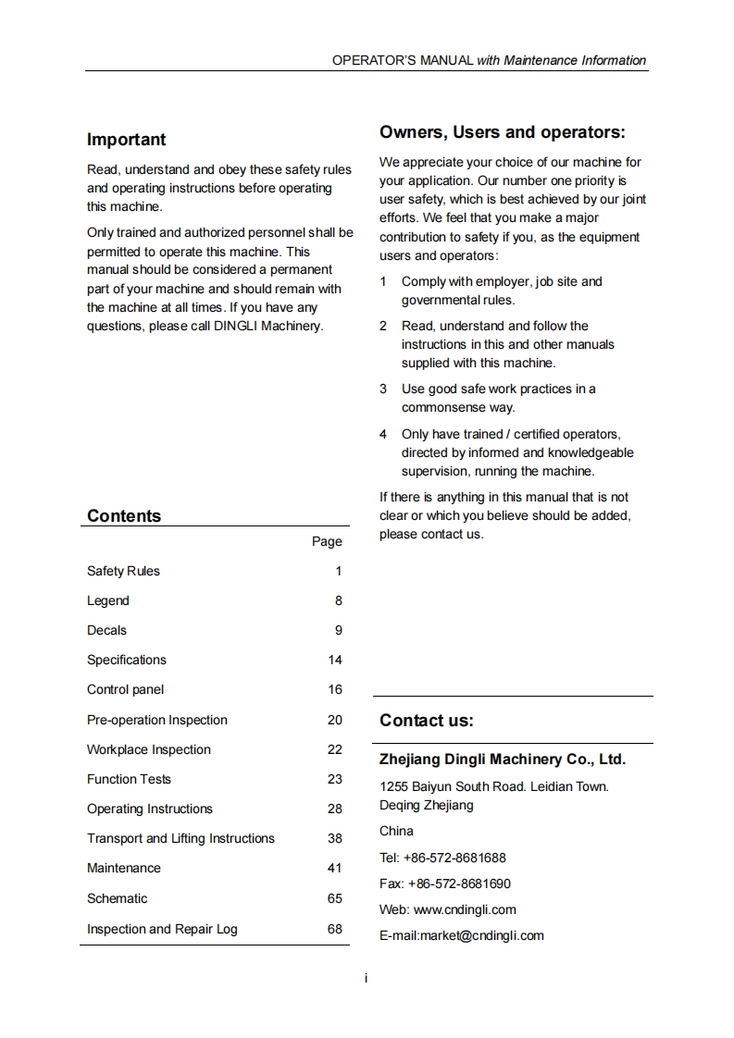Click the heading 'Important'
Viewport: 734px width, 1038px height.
pos(126,140)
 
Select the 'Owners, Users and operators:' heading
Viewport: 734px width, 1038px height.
pos(502,132)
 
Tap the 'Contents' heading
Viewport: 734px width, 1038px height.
pos(124,516)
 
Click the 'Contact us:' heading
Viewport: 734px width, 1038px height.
pos(426,721)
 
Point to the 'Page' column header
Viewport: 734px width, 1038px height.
pos(327,541)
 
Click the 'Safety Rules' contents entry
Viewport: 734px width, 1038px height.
pos(123,571)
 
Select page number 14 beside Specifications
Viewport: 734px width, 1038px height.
pos(334,660)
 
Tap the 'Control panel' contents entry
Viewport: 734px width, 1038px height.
pos(125,689)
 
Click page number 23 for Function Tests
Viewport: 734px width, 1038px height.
pos(334,779)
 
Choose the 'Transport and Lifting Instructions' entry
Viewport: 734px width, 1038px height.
pos(180,838)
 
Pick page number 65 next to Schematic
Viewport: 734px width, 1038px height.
pos(334,898)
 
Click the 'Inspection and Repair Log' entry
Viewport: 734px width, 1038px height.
pos(162,929)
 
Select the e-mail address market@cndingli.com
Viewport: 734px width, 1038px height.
pos(481,935)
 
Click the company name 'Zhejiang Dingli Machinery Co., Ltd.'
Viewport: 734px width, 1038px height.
pos(503,760)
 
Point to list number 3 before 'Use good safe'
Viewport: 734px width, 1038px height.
pos(383,389)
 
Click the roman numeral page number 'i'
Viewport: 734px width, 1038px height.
pos(367,978)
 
